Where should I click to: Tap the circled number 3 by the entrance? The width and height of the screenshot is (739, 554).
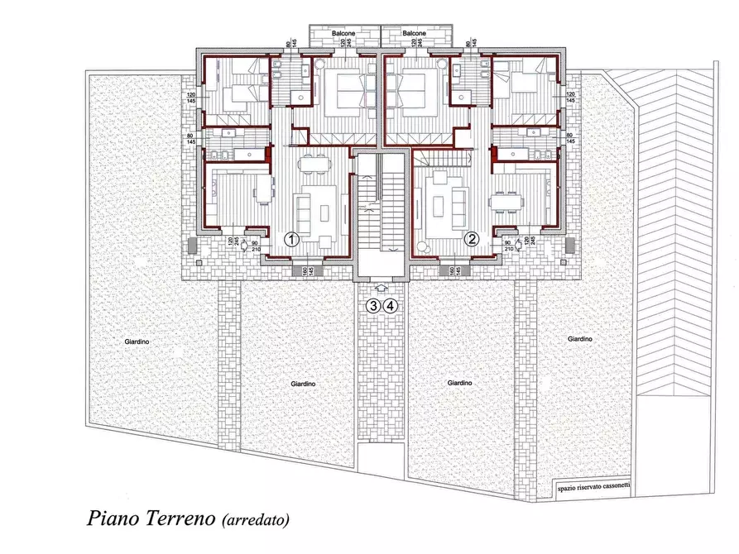[x=374, y=306]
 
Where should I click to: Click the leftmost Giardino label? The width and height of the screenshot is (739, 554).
[x=137, y=339]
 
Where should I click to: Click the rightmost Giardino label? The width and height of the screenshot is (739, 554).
[x=580, y=339]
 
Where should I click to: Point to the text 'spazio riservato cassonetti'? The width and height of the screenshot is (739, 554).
[x=583, y=489]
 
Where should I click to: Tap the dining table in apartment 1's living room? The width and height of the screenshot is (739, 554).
[x=313, y=162]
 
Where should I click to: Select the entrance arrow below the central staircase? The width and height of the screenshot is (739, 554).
[x=381, y=288]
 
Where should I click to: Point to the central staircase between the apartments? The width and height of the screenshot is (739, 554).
[x=381, y=207]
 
